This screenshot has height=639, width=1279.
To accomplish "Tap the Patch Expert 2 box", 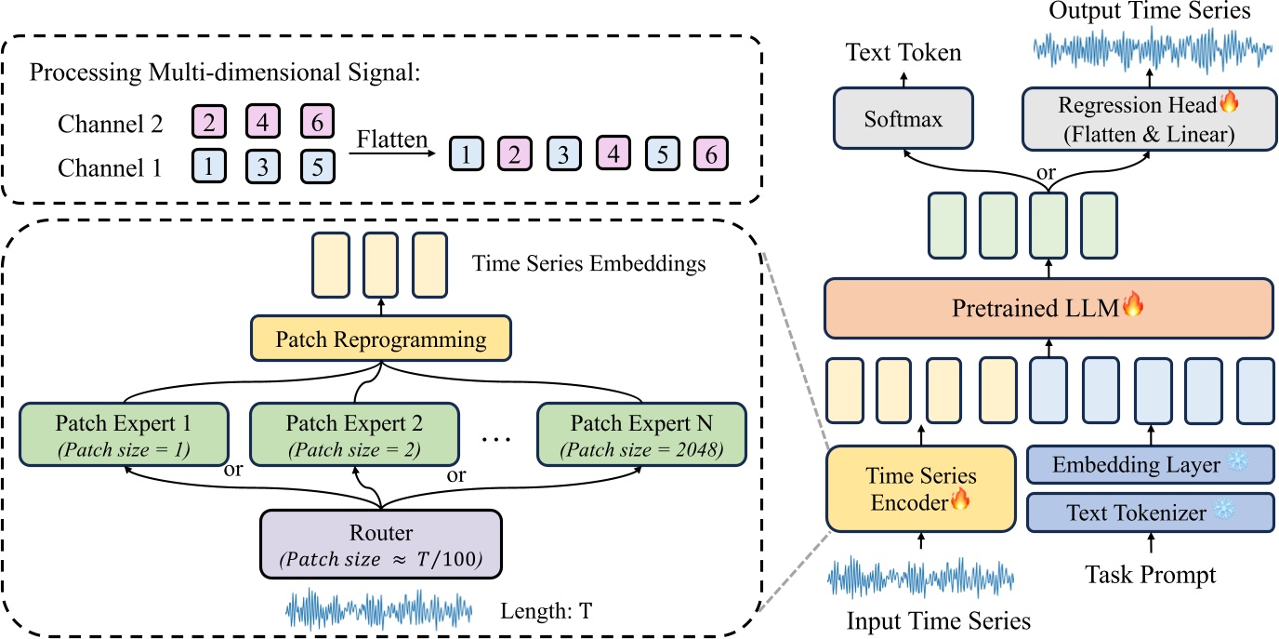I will [354, 433].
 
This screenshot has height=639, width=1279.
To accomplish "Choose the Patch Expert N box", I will [641, 433].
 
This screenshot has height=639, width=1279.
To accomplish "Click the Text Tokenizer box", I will [1149, 513].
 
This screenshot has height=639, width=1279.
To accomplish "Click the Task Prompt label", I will [1150, 575].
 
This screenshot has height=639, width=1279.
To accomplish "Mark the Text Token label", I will [903, 53].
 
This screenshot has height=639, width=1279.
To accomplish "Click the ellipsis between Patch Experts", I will [498, 435].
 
